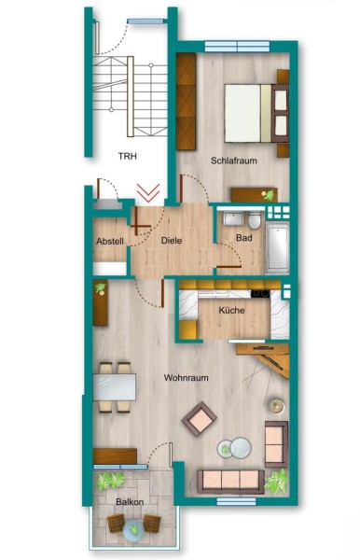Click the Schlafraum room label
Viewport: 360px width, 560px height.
pos(234,161)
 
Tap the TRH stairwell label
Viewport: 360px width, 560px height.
pos(128,156)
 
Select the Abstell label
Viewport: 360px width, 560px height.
pos(110,241)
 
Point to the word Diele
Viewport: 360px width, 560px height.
pos(172,241)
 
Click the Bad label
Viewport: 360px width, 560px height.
pos(244,237)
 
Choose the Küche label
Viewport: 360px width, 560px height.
pos(231,310)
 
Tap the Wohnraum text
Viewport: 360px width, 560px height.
pos(186,377)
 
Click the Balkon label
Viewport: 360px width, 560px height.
pos(130,502)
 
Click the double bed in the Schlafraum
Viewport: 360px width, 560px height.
pos(256,113)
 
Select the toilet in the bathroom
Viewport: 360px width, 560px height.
pos(255,220)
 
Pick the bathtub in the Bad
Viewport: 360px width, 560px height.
pos(277,248)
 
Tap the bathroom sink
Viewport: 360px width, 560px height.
pos(233,218)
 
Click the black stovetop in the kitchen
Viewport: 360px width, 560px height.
pos(260,293)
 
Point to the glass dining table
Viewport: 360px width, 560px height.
pos(114,386)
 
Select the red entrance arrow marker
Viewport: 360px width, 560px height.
pos(148,192)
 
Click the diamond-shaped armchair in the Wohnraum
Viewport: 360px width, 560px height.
pos(199,418)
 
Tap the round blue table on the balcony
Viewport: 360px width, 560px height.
pos(133,528)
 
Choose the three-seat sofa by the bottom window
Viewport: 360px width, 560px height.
pos(231,482)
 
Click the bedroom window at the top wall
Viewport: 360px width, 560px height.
pos(237,47)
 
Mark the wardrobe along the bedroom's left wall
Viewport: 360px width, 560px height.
pos(186,101)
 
